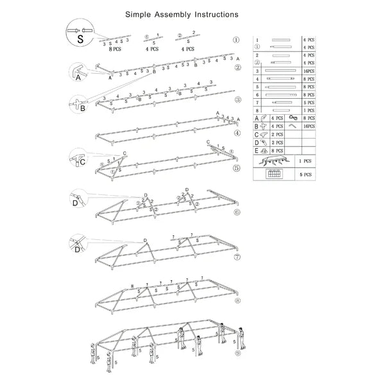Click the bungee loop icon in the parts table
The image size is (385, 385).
coord(292,118)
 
